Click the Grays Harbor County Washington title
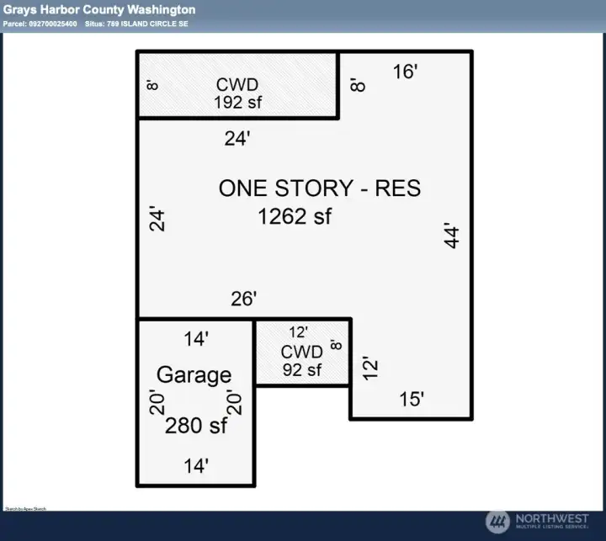[x=99, y=10]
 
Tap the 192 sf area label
[x=238, y=102]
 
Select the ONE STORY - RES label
[x=319, y=188]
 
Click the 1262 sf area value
[x=295, y=216]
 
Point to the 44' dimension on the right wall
[x=453, y=236]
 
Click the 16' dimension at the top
[x=405, y=72]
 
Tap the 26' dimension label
[x=243, y=299]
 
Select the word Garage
[x=194, y=374]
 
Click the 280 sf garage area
[x=195, y=426]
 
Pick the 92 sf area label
[x=302, y=369]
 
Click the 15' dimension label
[x=411, y=400]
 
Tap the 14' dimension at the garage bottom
[x=196, y=464]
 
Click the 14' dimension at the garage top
[x=196, y=339]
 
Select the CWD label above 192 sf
[x=237, y=85]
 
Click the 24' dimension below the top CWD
[x=237, y=140]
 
